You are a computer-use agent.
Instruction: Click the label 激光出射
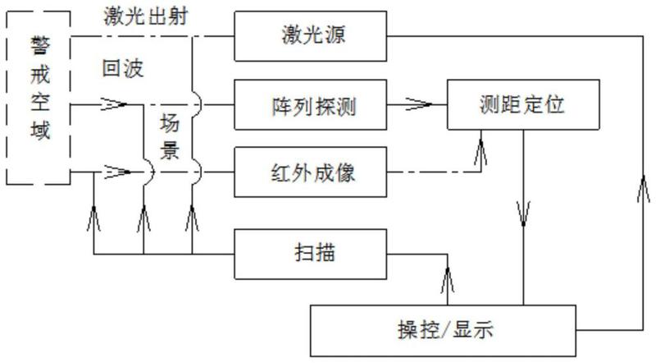pos(146,17)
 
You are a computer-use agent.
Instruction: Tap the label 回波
pos(123,68)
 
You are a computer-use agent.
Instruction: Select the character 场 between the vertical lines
pos(170,124)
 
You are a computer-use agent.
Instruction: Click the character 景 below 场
pos(170,150)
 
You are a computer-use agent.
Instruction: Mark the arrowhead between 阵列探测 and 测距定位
pos(418,104)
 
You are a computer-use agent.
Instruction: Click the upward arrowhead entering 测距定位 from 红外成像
pos(481,152)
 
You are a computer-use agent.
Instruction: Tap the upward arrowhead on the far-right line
pos(643,189)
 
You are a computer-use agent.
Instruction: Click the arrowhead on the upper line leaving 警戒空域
pos(114,104)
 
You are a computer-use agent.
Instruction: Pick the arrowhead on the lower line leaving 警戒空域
pos(117,172)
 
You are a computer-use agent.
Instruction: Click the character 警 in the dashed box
pos(40,45)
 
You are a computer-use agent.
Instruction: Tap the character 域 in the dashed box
pos(40,130)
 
